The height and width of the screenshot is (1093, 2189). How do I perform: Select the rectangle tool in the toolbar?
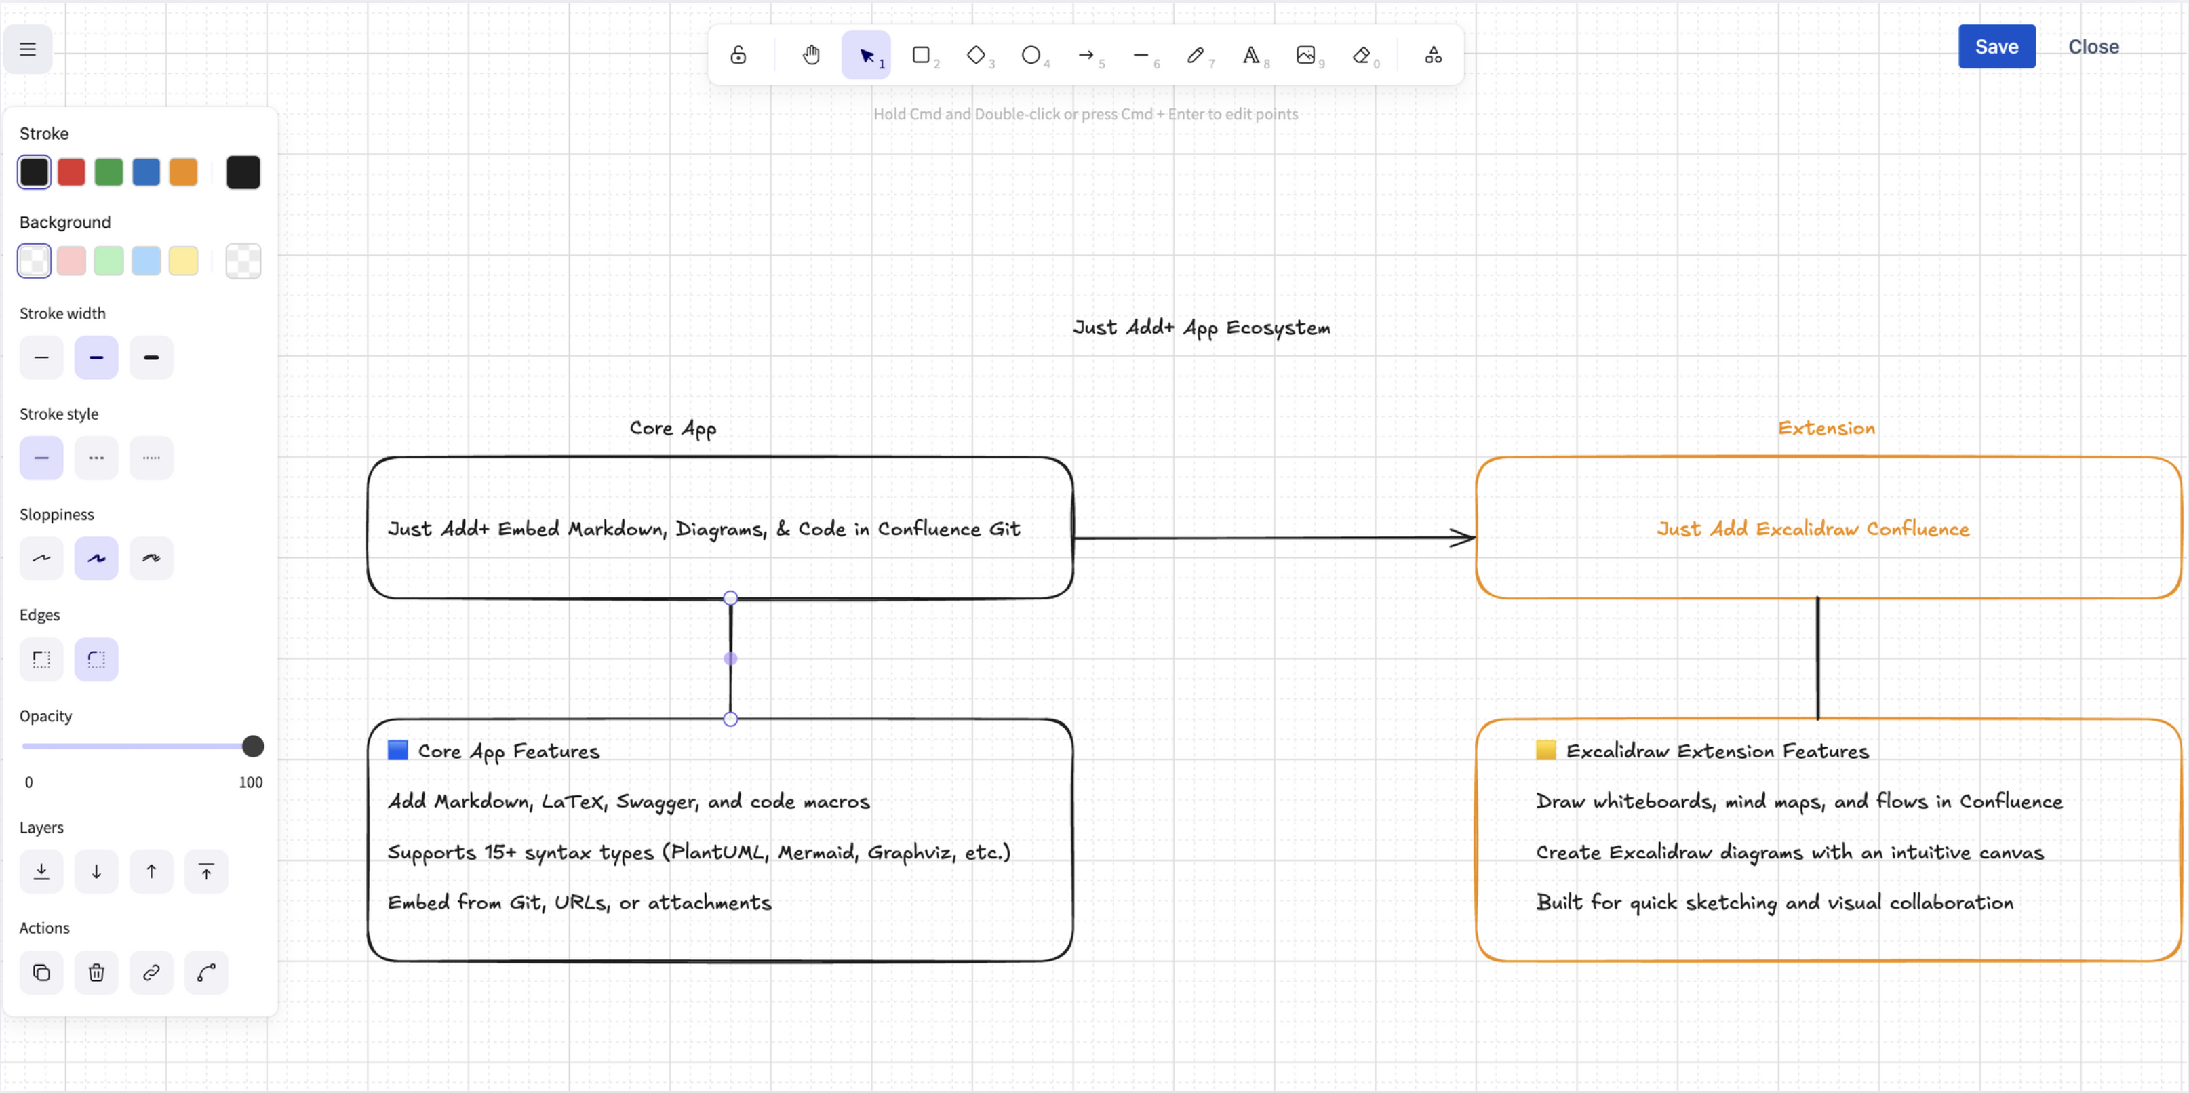click(920, 55)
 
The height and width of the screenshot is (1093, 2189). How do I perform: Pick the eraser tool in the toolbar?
click(1361, 55)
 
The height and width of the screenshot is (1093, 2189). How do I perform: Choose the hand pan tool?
click(810, 55)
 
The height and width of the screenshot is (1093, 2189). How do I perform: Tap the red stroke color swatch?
click(71, 172)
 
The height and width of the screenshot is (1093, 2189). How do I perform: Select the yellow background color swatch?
click(182, 261)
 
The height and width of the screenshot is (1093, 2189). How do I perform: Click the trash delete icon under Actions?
click(96, 972)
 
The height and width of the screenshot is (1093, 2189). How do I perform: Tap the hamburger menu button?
click(28, 49)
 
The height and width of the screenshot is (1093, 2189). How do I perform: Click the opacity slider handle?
click(252, 747)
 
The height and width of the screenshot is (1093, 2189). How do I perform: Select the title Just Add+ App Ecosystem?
click(1201, 328)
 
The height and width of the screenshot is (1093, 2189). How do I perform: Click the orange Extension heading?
click(1826, 429)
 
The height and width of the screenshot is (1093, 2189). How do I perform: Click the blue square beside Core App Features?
click(397, 750)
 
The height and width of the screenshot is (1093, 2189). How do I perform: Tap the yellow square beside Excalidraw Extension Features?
click(1545, 750)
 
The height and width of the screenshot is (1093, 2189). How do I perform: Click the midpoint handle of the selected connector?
click(730, 658)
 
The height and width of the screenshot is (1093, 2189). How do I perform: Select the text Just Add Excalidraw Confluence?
click(1812, 529)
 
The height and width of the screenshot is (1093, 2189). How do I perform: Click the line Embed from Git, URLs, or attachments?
click(578, 902)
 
